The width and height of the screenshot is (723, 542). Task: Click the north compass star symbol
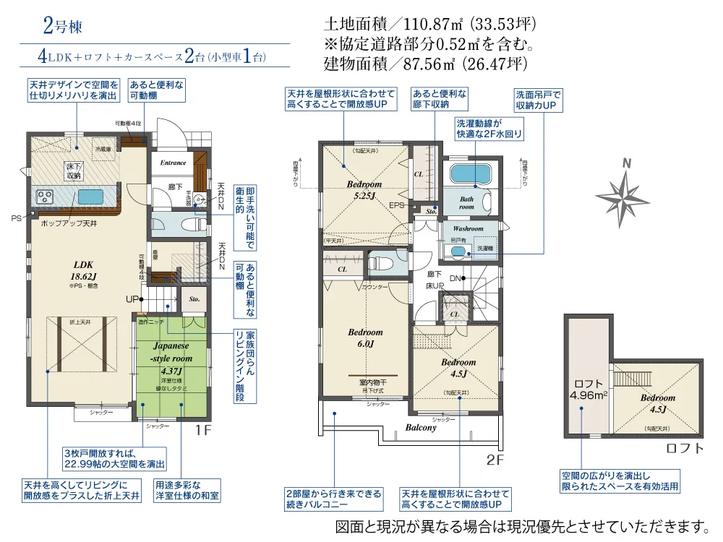[623, 195]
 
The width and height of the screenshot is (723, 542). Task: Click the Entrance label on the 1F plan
[174, 163]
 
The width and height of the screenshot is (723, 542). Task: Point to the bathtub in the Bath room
[471, 174]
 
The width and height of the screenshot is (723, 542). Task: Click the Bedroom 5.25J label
[364, 189]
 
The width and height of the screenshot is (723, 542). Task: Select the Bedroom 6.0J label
[365, 338]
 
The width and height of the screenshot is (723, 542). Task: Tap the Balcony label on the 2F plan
[421, 428]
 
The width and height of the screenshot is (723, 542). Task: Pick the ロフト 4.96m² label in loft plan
[588, 390]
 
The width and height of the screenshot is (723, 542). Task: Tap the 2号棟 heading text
[63, 27]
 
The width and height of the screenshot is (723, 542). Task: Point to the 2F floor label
[495, 460]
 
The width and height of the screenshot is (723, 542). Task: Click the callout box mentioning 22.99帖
[115, 457]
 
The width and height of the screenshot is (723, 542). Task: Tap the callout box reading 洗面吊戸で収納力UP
[538, 100]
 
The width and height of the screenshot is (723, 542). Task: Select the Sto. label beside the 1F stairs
[194, 297]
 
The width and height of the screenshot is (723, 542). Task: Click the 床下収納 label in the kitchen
[74, 171]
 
